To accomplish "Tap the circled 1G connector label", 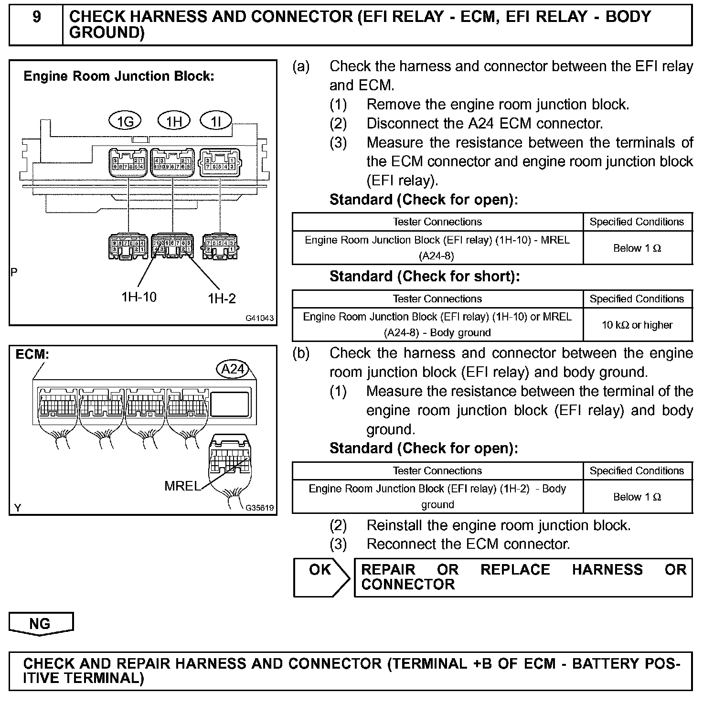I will pos(125,122).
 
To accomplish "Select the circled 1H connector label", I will pos(174,121).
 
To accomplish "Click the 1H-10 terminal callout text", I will pos(138,297).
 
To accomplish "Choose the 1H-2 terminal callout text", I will pos(222,299).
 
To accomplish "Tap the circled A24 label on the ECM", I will pos(233,369).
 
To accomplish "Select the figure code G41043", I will pos(260,318).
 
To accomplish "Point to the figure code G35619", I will pos(260,508).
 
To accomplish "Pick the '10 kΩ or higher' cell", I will pos(637,325).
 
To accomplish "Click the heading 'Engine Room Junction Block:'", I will pos(119,76).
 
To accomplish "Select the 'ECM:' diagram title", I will pos(32,355).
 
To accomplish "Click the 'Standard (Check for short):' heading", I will pos(424,277).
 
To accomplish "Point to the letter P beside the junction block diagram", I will pos(14,272).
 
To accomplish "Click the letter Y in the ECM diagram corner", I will pos(18,508).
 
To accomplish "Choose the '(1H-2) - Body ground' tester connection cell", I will pos(437,497).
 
